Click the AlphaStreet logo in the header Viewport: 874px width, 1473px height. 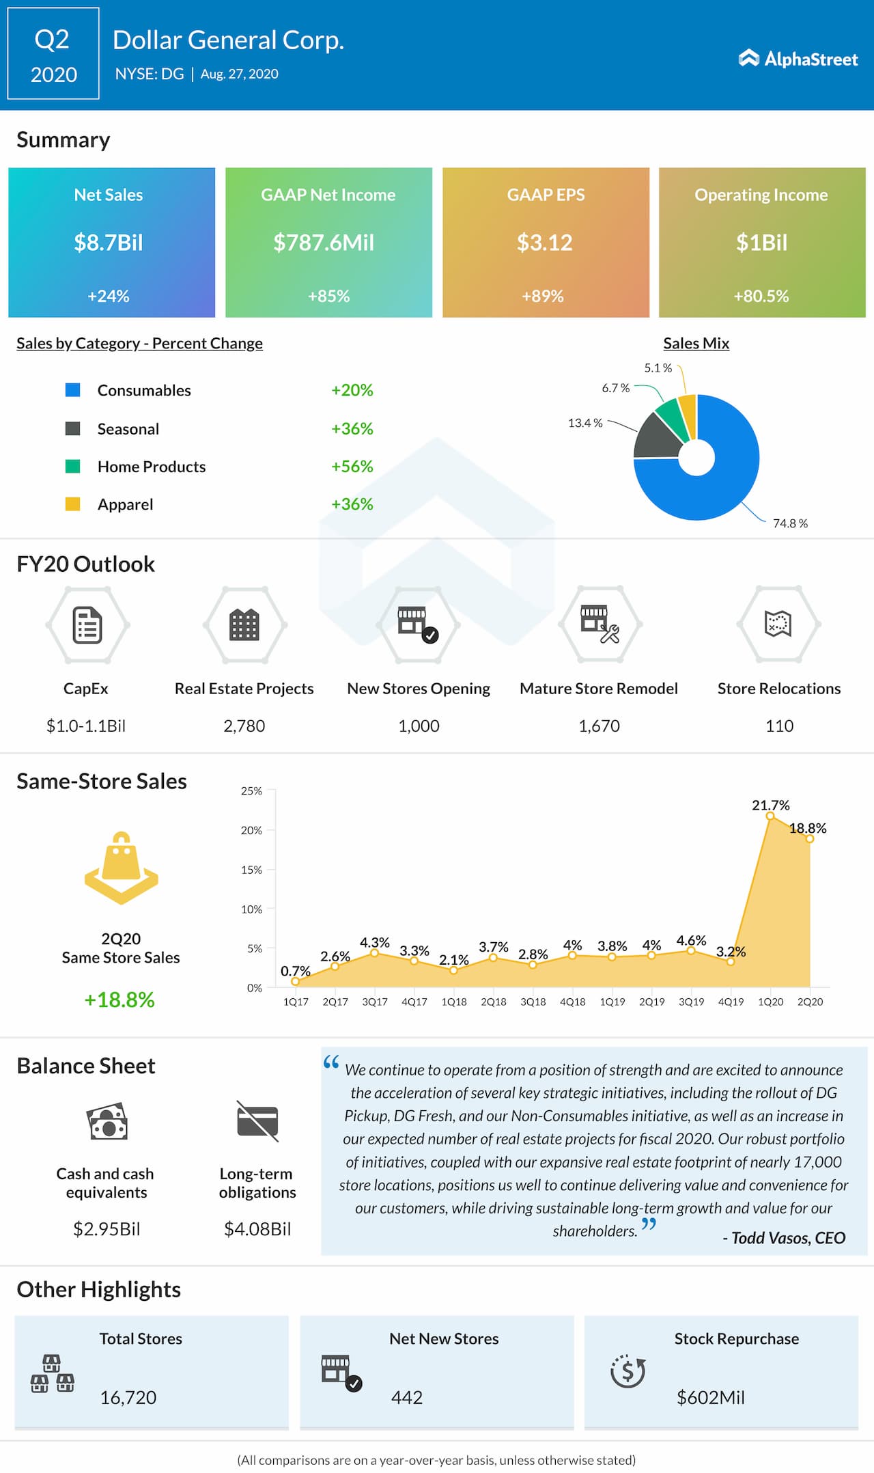click(798, 59)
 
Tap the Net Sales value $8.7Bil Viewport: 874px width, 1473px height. click(109, 243)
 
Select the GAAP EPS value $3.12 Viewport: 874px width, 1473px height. click(544, 243)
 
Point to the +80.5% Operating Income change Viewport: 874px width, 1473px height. click(761, 296)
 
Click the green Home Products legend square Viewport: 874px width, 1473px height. click(72, 467)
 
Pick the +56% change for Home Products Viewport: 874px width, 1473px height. click(352, 467)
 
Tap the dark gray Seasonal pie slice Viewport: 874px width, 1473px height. click(658, 437)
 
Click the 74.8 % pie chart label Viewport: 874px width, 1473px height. click(790, 523)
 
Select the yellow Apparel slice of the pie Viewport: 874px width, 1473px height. click(688, 415)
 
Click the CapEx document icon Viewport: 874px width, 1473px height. click(87, 624)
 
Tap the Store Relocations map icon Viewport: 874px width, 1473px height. click(778, 623)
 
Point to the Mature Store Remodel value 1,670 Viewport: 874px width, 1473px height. click(599, 726)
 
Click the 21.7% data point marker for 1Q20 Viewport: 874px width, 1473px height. click(770, 816)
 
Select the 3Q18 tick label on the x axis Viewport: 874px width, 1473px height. click(533, 1002)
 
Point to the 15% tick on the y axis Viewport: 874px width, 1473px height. click(251, 870)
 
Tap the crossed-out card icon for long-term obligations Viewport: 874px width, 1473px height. click(257, 1121)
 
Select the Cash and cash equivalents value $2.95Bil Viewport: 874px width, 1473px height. click(107, 1229)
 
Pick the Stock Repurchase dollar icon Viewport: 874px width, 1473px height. click(628, 1371)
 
